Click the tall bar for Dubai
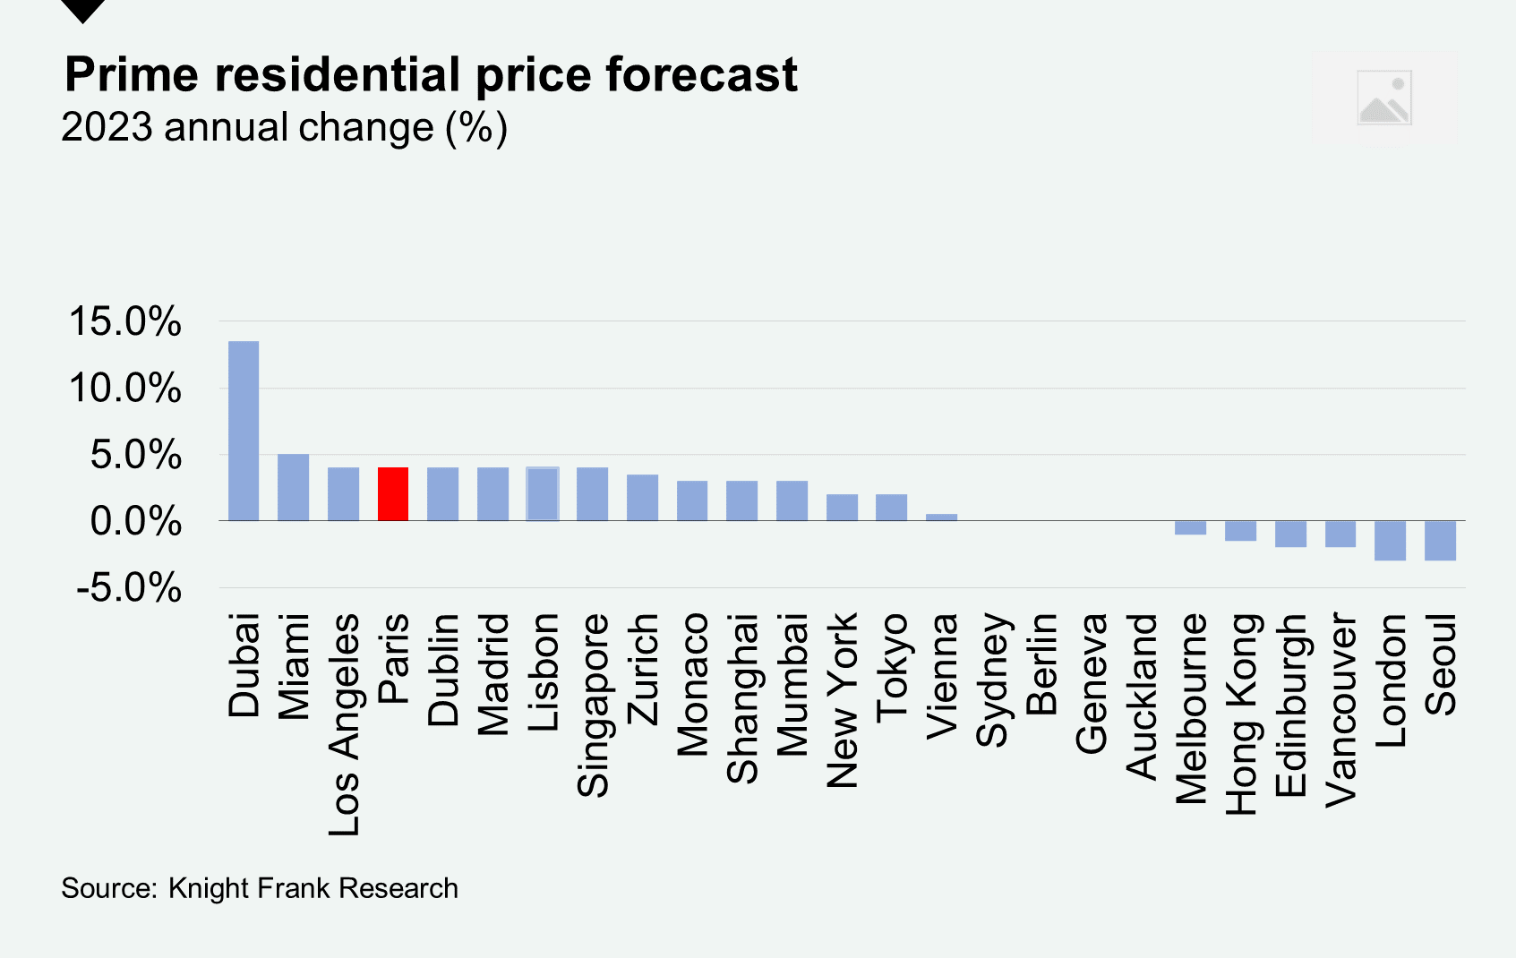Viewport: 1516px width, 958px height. (244, 431)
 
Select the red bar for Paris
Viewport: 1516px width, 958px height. (393, 494)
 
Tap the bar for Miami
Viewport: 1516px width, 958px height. (293, 487)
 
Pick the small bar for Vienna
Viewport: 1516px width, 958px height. (941, 517)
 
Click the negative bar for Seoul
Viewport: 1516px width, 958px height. (1440, 541)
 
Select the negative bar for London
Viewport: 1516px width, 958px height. (1390, 541)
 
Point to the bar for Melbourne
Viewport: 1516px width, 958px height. (1190, 527)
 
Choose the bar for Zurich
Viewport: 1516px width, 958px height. (642, 498)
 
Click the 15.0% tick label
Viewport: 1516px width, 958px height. (125, 321)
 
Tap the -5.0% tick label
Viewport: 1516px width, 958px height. (129, 588)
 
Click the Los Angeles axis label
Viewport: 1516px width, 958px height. (344, 724)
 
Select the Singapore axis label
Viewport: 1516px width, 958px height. (593, 705)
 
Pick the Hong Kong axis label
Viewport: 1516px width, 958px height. (1241, 714)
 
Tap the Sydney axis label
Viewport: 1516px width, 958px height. (992, 680)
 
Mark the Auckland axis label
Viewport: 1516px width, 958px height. (1142, 696)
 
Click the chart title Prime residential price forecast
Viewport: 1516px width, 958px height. (431, 74)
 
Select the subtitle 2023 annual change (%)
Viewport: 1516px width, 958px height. (284, 127)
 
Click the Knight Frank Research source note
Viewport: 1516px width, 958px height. (260, 888)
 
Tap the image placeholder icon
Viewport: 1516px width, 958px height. (1384, 98)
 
